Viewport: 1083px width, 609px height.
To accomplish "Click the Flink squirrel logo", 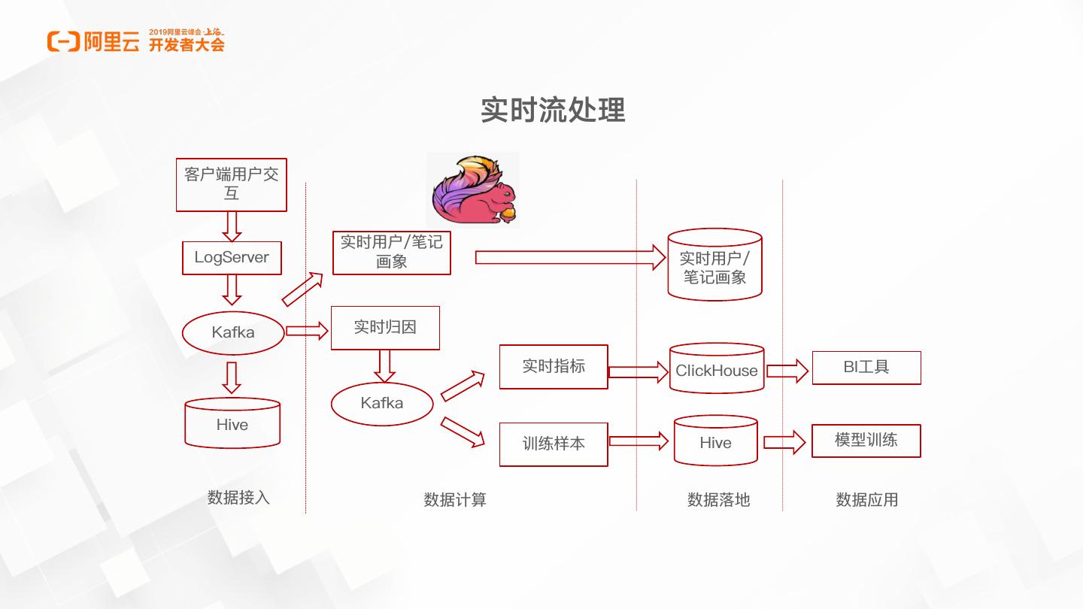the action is (x=475, y=189).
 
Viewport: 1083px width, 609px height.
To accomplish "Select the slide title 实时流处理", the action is (x=553, y=111).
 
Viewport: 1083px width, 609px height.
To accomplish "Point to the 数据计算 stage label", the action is (x=455, y=500).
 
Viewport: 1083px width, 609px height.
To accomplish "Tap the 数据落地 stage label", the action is (x=718, y=500).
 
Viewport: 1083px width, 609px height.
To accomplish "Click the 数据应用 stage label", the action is (x=867, y=500).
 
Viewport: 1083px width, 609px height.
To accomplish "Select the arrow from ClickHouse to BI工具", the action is (x=787, y=371).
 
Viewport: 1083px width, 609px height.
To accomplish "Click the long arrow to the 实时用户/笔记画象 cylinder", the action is (x=571, y=257).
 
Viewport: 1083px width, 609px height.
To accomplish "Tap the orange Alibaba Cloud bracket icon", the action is (x=63, y=41).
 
